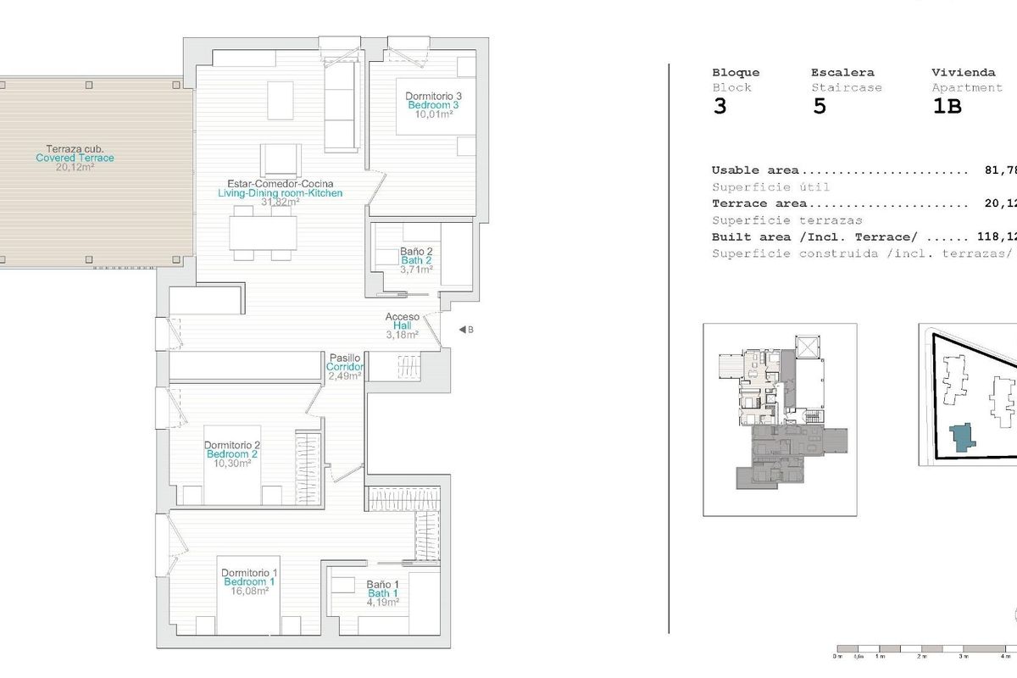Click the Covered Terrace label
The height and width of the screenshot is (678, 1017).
coord(75,158)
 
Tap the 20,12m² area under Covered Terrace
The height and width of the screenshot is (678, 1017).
coord(75,168)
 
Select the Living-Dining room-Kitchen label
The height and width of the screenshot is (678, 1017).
coord(280,193)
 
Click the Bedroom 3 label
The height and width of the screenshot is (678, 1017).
coord(433,105)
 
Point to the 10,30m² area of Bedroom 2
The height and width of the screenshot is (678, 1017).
coord(231,464)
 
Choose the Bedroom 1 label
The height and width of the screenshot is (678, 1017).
coord(249,582)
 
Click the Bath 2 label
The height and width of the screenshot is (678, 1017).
coord(416,260)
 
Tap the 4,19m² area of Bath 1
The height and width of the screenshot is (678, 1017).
coord(382,603)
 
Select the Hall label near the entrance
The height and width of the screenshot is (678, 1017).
coord(403,325)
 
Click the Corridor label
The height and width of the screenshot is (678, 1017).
coord(345,367)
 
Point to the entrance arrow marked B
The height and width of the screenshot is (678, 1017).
coord(465,330)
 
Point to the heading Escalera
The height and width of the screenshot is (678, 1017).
coord(842,73)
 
